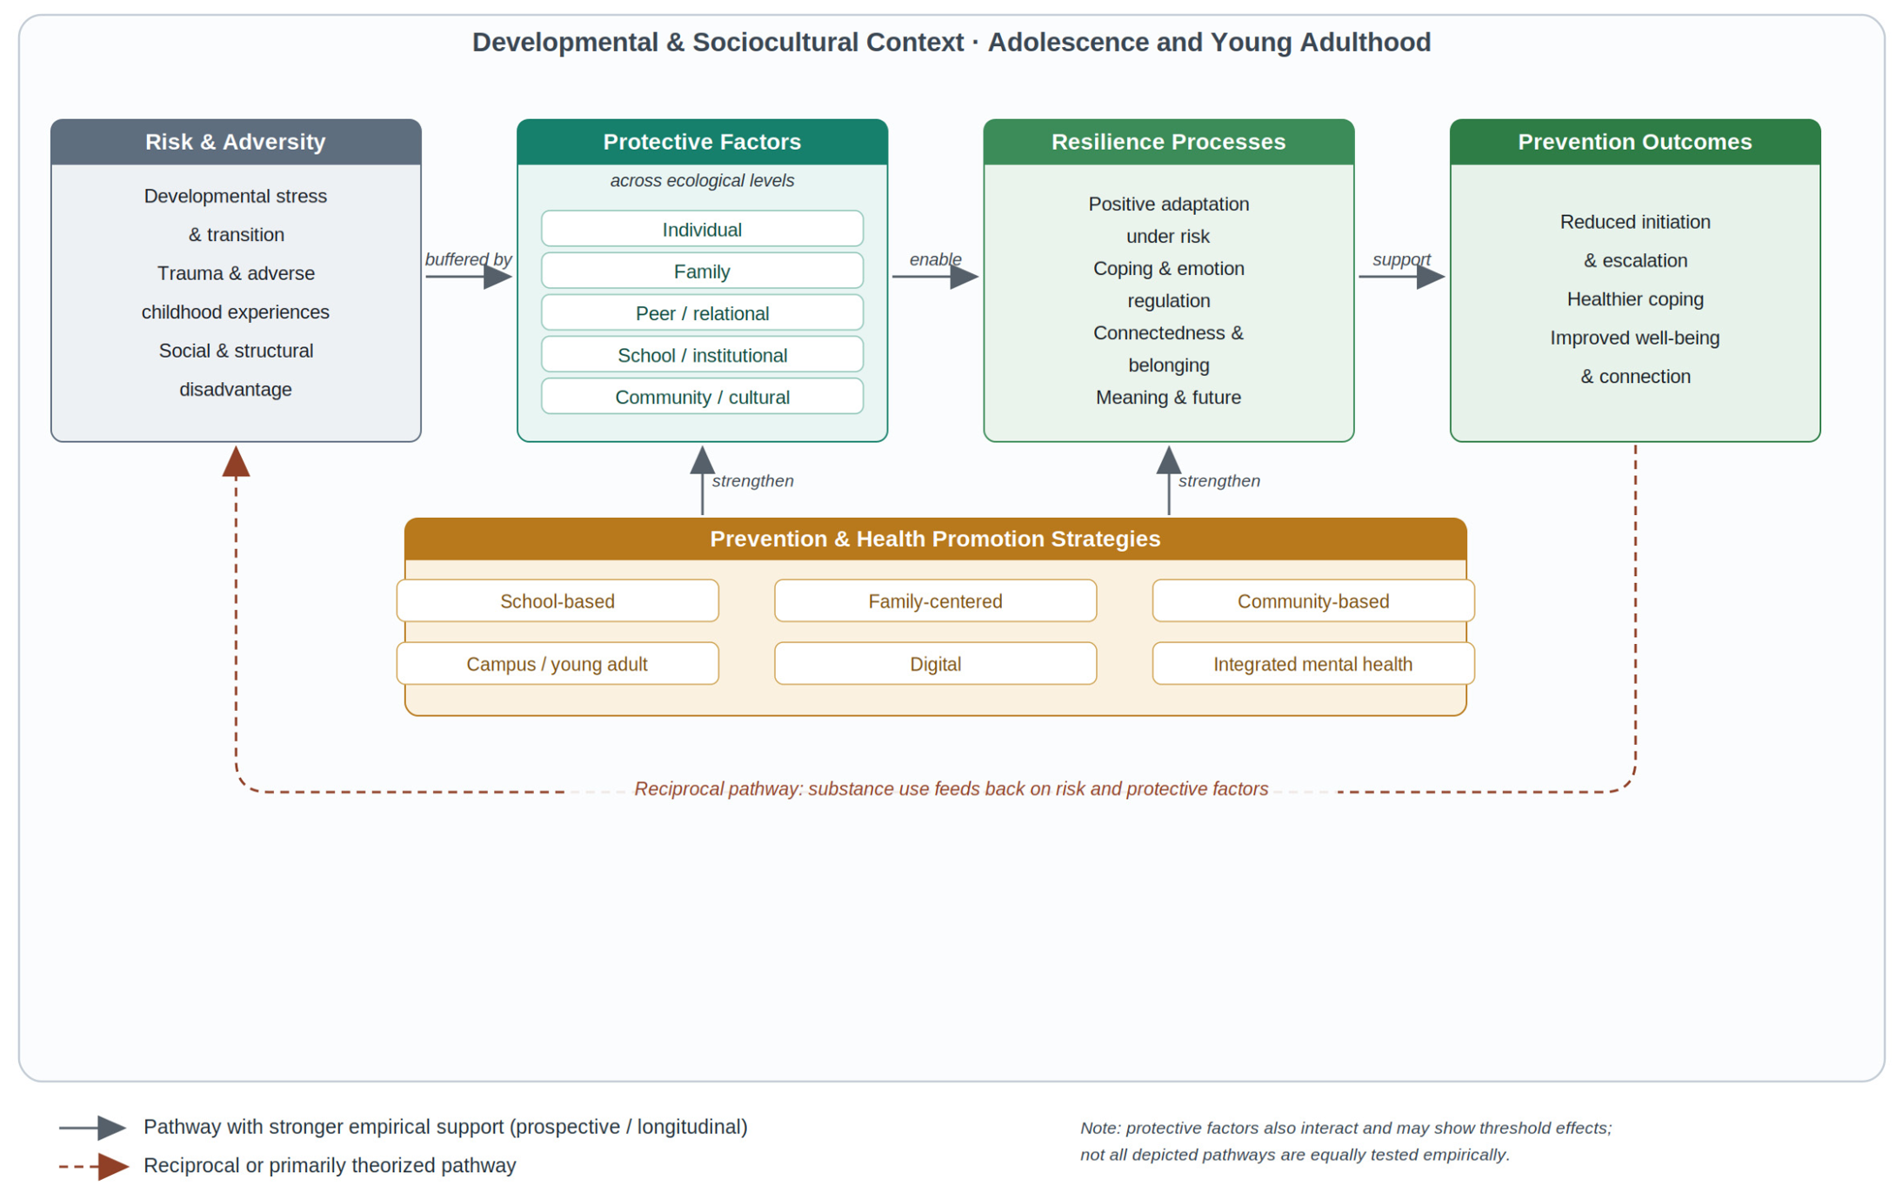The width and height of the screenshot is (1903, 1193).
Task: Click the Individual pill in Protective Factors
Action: click(x=702, y=229)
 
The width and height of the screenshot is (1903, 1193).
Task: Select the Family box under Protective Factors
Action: click(x=702, y=271)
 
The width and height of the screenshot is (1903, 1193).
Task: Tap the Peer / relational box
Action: click(x=702, y=312)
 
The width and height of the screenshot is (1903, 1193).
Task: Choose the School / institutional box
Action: click(x=702, y=354)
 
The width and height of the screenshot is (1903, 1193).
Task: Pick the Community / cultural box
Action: click(x=702, y=396)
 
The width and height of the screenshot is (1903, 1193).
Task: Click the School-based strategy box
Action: click(x=558, y=600)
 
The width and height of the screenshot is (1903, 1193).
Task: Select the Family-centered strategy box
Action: click(x=935, y=600)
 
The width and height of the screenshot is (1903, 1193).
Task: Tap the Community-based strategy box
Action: click(x=1313, y=600)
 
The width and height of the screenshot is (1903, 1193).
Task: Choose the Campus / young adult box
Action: click(x=558, y=663)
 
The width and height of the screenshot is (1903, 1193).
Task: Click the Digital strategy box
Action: click(x=935, y=663)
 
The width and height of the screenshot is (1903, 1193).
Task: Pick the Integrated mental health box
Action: click(x=1313, y=663)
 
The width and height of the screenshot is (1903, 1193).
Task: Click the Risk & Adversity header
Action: click(x=236, y=142)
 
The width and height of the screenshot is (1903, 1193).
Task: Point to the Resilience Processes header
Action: click(x=1168, y=142)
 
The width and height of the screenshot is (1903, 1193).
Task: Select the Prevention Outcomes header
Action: click(x=1635, y=142)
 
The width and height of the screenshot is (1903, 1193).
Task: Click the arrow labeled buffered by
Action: click(x=469, y=277)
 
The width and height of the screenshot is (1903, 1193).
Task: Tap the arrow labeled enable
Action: click(x=936, y=277)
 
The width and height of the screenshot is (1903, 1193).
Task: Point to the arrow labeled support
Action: click(x=1402, y=277)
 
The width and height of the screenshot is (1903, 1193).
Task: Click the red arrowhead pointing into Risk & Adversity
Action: click(x=236, y=462)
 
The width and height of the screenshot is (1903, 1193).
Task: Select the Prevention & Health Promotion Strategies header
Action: click(x=935, y=539)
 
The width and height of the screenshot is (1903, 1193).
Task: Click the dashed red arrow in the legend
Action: click(x=94, y=1165)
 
